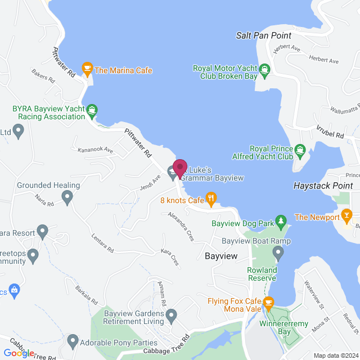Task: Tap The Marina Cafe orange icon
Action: click(87, 69)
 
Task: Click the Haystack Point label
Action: click(323, 185)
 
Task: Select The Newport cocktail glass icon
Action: click(347, 216)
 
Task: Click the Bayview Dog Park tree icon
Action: click(281, 223)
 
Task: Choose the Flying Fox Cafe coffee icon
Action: click(268, 302)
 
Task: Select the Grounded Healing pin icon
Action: click(67, 197)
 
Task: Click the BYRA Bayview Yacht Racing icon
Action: click(93, 110)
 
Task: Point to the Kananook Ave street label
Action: click(96, 151)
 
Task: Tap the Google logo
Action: click(19, 353)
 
